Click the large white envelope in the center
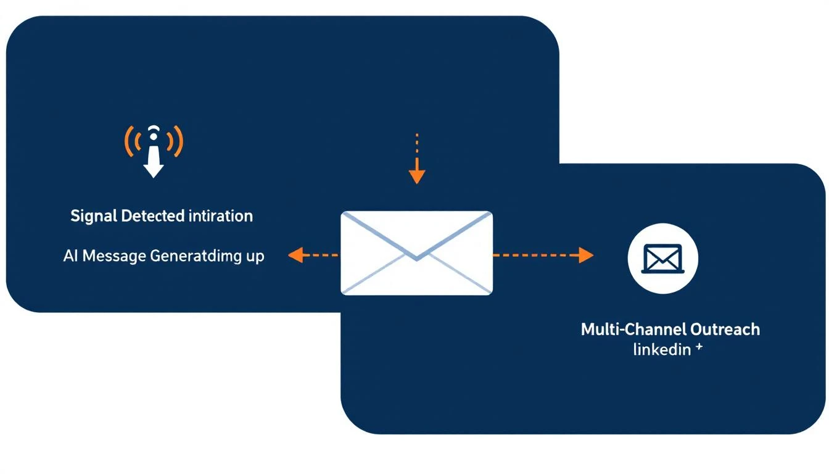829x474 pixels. point(416,253)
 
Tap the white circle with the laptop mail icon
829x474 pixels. point(662,258)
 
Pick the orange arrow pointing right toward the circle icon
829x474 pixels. point(543,254)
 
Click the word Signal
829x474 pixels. point(94,216)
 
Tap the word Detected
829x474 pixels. point(152,216)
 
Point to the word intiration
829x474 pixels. point(220,216)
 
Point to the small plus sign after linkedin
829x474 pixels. point(699,347)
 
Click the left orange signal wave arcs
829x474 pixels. point(131,141)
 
